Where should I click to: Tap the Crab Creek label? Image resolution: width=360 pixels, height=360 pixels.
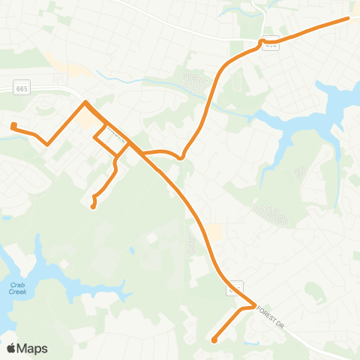(18, 288)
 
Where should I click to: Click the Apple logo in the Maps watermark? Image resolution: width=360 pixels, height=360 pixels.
(11, 348)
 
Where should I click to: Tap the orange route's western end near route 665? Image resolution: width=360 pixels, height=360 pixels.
(13, 124)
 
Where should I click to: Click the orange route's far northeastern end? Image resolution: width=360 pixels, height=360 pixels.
(349, 18)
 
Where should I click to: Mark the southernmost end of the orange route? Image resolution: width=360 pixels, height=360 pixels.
(214, 340)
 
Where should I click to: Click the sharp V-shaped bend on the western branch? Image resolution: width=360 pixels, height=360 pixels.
(47, 143)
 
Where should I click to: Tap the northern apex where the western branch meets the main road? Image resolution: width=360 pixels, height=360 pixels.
(86, 102)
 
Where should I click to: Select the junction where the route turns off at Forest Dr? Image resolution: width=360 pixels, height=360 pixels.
(256, 304)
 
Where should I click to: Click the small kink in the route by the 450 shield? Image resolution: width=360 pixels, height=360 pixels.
(262, 42)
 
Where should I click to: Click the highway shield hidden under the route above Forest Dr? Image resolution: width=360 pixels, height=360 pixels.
(235, 286)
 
